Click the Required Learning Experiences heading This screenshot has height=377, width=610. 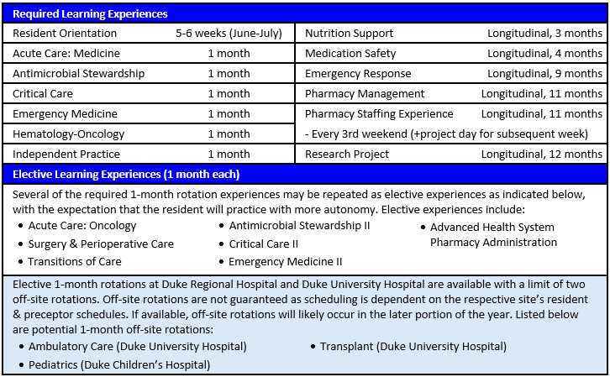(x=90, y=14)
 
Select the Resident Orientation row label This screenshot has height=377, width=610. (x=65, y=34)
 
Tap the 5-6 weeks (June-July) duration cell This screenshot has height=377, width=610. (x=229, y=34)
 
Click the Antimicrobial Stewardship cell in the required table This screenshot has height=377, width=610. (x=78, y=74)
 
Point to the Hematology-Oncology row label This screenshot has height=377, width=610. (x=72, y=134)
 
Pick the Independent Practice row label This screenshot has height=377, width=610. (x=66, y=154)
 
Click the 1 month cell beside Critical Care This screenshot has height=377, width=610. (x=229, y=94)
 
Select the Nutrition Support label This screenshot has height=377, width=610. (x=349, y=34)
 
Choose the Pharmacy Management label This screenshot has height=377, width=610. (x=365, y=94)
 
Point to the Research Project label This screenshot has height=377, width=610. (x=347, y=154)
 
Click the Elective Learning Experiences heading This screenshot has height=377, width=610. (x=126, y=175)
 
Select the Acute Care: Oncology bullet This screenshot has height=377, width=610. (x=82, y=226)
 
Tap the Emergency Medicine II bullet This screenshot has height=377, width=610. (x=286, y=262)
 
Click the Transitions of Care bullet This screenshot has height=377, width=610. (x=73, y=262)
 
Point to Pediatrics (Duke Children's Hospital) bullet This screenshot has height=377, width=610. (x=119, y=365)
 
